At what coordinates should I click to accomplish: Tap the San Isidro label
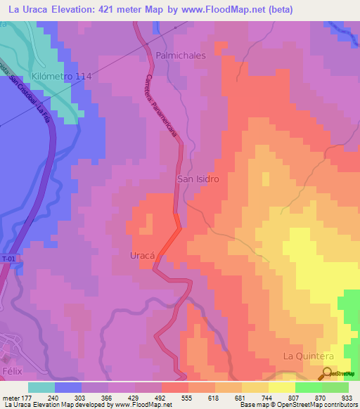point(198,179)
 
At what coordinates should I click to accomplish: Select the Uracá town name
point(142,256)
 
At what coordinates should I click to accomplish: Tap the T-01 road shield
point(8,259)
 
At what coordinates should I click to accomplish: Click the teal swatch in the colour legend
point(41,387)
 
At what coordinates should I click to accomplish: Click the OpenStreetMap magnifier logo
point(327,374)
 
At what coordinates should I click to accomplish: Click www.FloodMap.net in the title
point(215,9)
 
